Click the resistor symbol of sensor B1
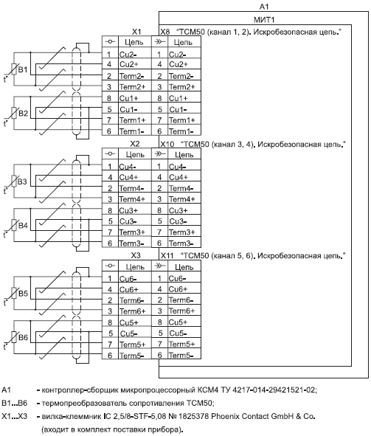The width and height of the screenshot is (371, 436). (14, 69)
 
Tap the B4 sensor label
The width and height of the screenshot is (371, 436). (23, 225)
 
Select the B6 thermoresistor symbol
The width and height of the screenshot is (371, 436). (14, 337)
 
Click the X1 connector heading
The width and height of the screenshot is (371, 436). (136, 32)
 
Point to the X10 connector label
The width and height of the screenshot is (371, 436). (167, 144)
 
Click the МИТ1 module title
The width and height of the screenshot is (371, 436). (264, 20)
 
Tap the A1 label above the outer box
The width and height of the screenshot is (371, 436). (264, 6)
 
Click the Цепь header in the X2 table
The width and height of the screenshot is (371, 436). (135, 154)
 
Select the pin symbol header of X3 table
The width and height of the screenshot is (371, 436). (110, 266)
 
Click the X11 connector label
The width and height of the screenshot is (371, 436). (167, 255)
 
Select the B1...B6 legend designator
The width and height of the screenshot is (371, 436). (15, 404)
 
